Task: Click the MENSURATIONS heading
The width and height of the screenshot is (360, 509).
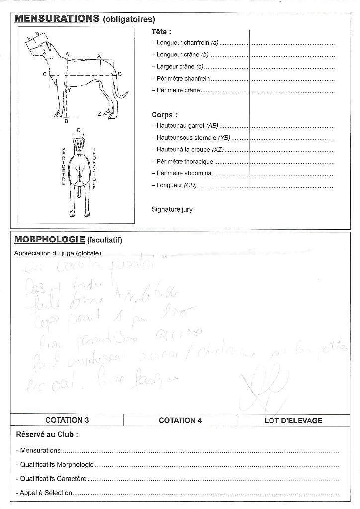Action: coord(57,19)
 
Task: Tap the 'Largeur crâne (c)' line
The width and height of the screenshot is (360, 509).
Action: coord(178,67)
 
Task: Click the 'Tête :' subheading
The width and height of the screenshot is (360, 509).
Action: coord(161,32)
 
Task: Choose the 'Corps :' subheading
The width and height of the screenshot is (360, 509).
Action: coord(164,115)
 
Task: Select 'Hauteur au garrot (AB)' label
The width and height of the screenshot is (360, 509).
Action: coord(185,126)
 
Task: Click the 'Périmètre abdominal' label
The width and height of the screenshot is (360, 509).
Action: coord(181,173)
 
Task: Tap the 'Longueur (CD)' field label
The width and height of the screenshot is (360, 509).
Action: coord(174,185)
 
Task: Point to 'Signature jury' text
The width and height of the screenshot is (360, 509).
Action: coord(172,209)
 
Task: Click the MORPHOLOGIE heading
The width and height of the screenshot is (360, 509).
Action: coord(49,240)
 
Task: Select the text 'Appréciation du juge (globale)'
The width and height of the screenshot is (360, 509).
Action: coord(58,253)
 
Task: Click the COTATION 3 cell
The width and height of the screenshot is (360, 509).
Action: coord(67,420)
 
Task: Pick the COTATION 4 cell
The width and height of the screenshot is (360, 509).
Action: coord(180,420)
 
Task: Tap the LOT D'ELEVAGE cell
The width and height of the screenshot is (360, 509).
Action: coord(293,421)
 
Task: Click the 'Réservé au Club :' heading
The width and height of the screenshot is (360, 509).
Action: coord(47,434)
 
